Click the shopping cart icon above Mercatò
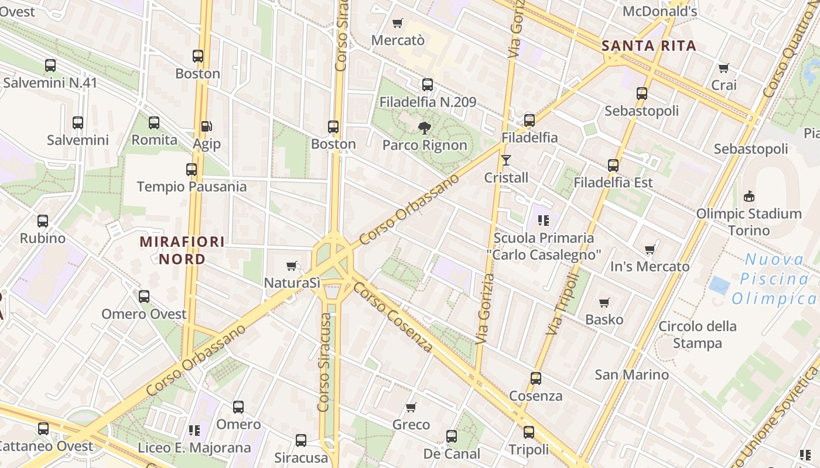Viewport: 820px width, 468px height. (x=398, y=23)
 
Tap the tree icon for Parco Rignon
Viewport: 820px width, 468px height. (x=425, y=128)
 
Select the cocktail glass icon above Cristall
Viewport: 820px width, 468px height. (x=506, y=160)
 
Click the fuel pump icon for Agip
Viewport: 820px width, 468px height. (x=206, y=126)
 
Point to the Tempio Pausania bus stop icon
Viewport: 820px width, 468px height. (x=192, y=170)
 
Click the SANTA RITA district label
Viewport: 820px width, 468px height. (x=649, y=46)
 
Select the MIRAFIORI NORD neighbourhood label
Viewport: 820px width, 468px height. (x=182, y=250)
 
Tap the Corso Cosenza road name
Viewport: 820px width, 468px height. (x=393, y=318)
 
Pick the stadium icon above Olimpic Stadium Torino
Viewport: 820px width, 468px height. (x=749, y=196)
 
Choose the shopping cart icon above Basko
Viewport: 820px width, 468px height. (x=604, y=302)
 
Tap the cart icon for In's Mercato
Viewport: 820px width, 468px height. (x=650, y=250)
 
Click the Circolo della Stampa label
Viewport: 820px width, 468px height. (x=697, y=335)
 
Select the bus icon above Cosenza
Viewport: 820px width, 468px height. (x=535, y=378)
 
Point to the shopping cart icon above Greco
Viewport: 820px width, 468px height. (x=411, y=407)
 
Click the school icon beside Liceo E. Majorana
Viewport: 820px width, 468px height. (x=194, y=431)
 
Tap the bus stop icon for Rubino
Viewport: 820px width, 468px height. (x=43, y=221)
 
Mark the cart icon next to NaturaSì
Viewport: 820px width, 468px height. (x=292, y=266)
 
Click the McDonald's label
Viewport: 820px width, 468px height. (x=660, y=11)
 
